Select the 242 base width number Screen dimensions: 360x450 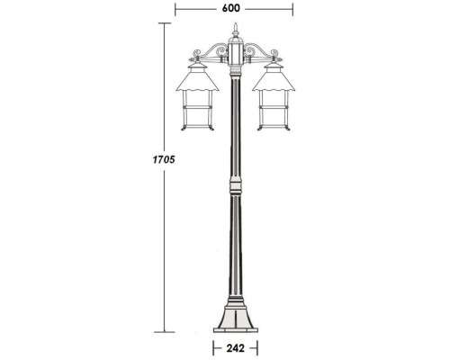[235, 346]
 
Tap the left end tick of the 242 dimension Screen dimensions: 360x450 [212, 346]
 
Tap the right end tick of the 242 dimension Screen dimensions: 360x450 [259, 346]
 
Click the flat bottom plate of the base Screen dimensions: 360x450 [236, 328]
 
